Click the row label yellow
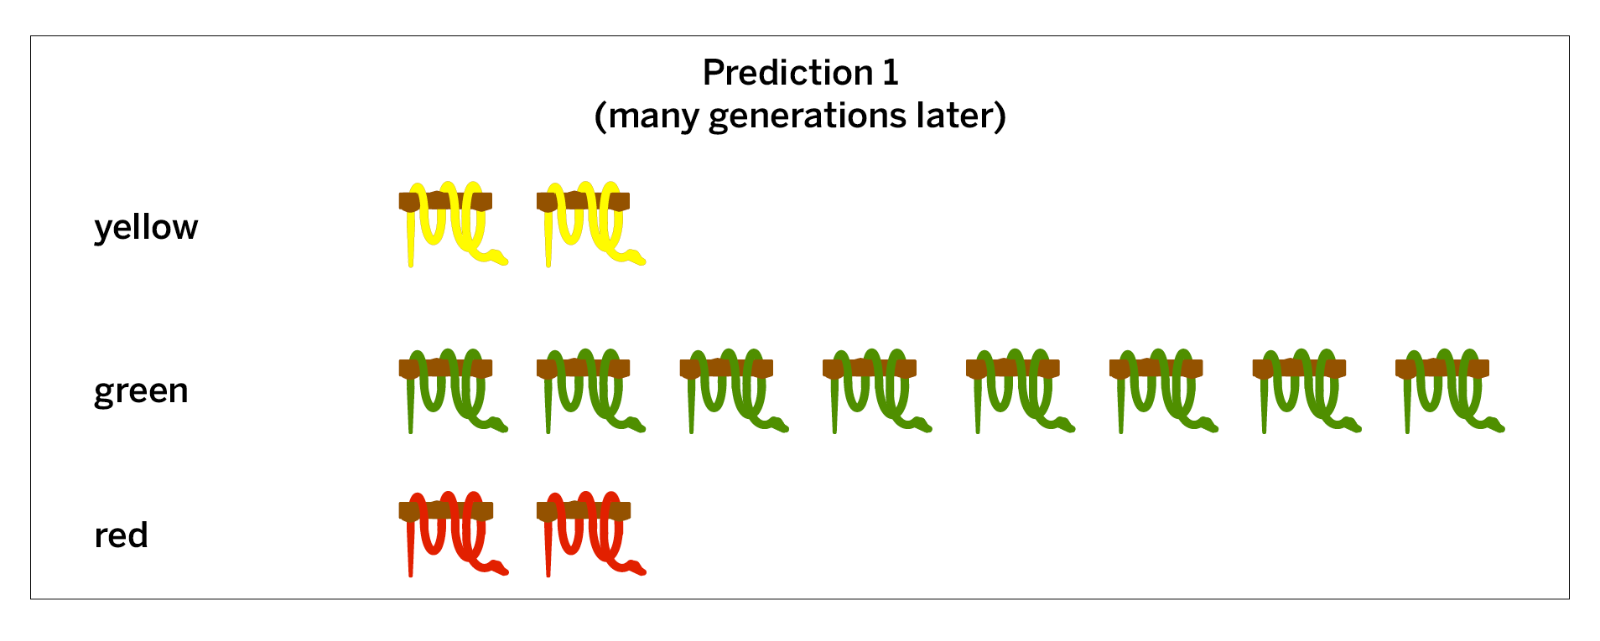pyautogui.click(x=146, y=228)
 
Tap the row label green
pyautogui.click(x=141, y=391)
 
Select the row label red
pyautogui.click(x=121, y=535)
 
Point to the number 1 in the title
pyautogui.click(x=891, y=73)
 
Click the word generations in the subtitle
pyautogui.click(x=808, y=116)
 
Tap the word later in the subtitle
pyautogui.click(x=954, y=116)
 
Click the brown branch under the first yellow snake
pyautogui.click(x=445, y=201)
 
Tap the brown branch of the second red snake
pyautogui.click(x=584, y=511)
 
